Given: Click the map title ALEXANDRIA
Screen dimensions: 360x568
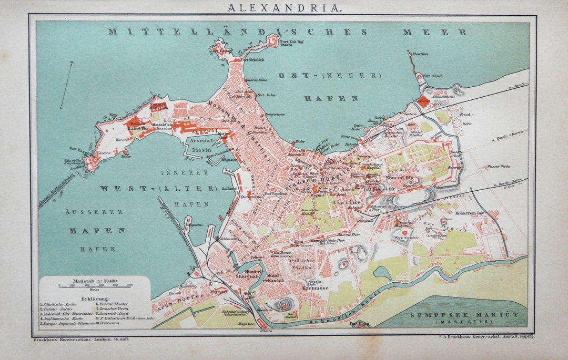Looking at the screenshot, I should tap(284, 7).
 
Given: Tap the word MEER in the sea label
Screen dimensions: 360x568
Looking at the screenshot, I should tap(434, 32).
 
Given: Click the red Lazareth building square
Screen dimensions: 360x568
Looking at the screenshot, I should tap(423, 103).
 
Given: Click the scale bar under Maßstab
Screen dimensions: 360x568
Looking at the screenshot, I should tap(95, 286).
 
